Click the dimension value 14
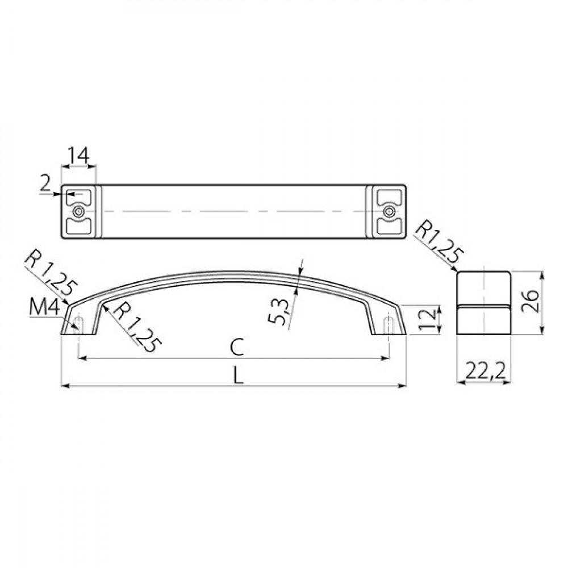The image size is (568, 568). pyautogui.click(x=78, y=156)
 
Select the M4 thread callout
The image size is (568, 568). pyautogui.click(x=44, y=308)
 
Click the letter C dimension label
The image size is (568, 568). pyautogui.click(x=236, y=348)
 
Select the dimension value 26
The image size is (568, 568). pyautogui.click(x=531, y=302)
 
